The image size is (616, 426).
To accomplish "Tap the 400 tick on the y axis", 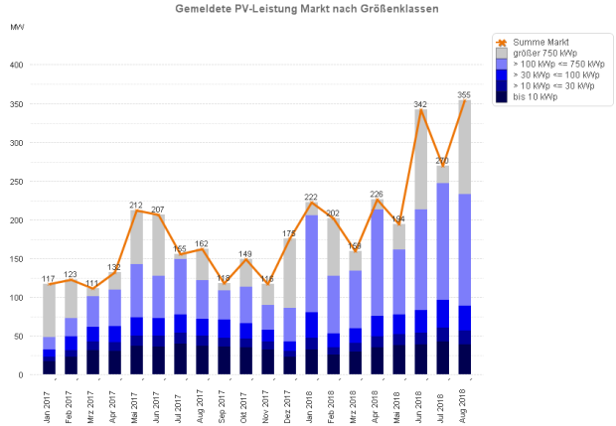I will pos(17,66).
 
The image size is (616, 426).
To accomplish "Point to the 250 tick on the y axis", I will pos(17,182).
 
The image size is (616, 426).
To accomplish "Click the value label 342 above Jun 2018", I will pos(421,104).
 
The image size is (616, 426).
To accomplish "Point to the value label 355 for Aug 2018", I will pos(464,94).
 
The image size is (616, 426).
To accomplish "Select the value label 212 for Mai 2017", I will pos(136,205).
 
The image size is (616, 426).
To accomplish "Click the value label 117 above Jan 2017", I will pos(49,278).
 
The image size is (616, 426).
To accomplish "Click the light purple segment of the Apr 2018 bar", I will pos(378,262).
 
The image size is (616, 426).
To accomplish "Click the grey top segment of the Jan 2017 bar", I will pos(49,310).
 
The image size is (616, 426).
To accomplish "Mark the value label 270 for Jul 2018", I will pos(443,160).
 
